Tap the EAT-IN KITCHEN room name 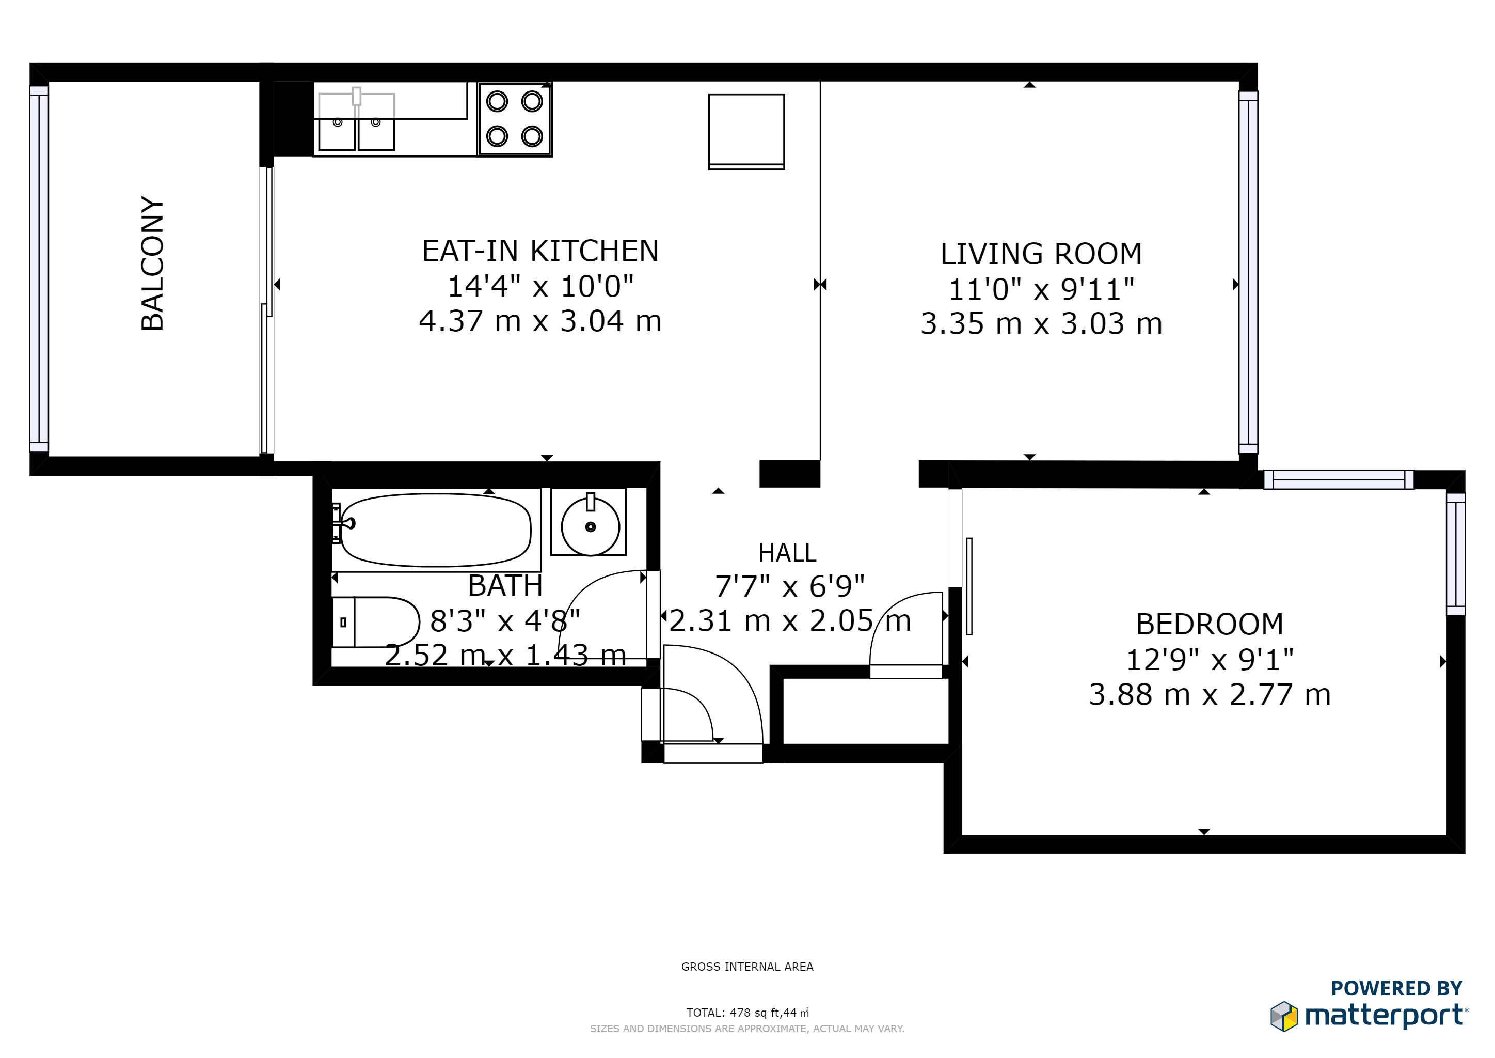tap(540, 251)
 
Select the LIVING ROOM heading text tap(1041, 254)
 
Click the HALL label tap(787, 553)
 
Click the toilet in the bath tap(376, 622)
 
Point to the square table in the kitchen tap(746, 132)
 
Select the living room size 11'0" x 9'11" tap(1041, 289)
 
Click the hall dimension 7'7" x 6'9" tap(789, 586)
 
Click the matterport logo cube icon tap(1283, 1016)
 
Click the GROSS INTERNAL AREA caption tap(747, 967)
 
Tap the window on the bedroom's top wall tap(1339, 479)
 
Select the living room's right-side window tap(1248, 272)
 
